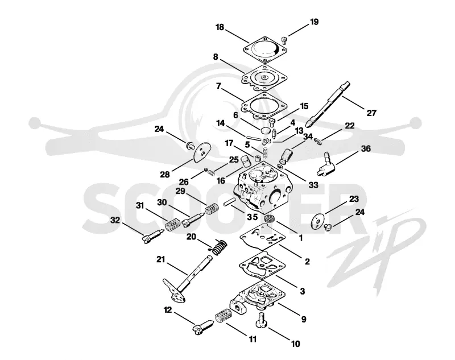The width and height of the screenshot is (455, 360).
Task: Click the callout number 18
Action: tap(220, 27)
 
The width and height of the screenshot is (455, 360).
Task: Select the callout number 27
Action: tap(371, 113)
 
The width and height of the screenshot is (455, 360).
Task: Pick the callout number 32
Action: tap(115, 220)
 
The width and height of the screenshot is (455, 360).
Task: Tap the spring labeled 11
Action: tap(224, 315)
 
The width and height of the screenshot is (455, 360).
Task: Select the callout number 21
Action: tap(161, 259)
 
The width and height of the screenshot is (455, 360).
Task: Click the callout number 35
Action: tap(252, 217)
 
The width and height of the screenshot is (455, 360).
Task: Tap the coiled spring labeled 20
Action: tap(218, 247)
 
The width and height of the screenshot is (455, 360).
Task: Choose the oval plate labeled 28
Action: tap(202, 151)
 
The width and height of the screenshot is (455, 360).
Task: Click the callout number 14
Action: tap(220, 123)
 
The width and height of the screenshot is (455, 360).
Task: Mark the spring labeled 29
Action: tap(212, 209)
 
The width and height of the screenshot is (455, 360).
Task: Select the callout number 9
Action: tap(304, 320)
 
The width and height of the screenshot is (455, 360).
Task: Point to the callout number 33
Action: tap(313, 185)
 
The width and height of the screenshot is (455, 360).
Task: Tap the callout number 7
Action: tap(218, 86)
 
